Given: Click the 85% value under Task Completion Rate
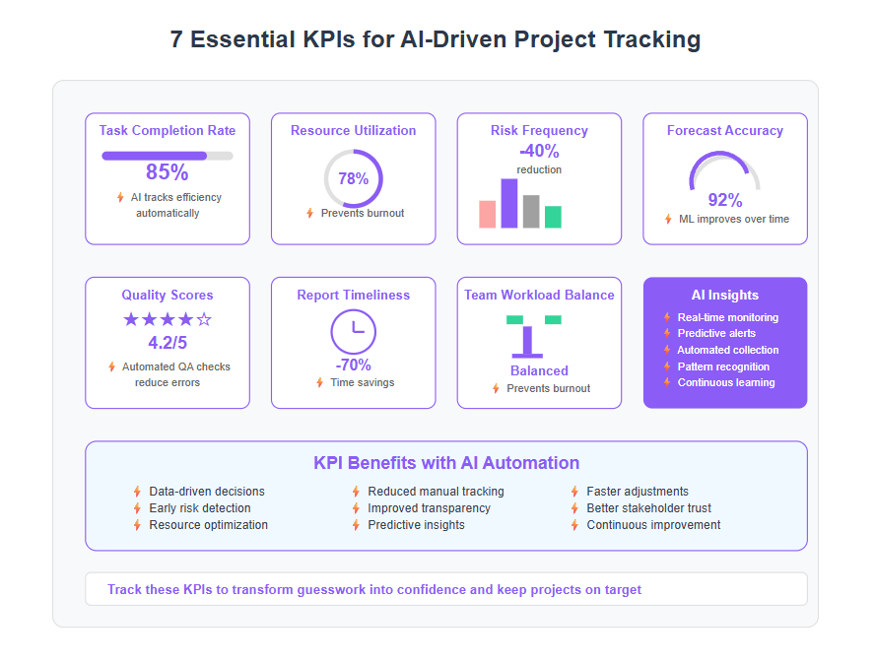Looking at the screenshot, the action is pos(167,171).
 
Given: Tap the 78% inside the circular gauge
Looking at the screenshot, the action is pos(353,178).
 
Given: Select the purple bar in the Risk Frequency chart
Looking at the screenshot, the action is pos(508,203).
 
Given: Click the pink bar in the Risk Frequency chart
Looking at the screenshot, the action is pos(487,214).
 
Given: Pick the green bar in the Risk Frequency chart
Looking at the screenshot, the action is pos(553,217).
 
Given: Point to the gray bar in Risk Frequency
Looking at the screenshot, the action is pos(531,212).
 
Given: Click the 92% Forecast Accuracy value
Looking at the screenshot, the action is pos(725,200).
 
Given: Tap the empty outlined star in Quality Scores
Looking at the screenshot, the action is pos(204,319).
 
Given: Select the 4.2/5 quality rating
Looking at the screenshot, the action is pos(168,343).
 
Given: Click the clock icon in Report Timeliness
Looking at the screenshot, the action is pos(353,332).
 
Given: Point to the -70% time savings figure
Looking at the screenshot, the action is pos(353,365).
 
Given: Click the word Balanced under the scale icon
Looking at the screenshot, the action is pos(539,370).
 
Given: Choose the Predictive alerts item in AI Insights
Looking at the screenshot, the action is pos(716,333).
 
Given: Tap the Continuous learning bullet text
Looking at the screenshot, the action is pos(726,382).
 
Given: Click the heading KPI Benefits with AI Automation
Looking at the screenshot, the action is pos(446,462).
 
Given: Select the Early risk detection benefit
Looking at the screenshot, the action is pos(200,508).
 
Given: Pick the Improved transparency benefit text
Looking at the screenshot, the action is pos(430,508).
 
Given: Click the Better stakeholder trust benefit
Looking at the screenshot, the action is pos(649,508).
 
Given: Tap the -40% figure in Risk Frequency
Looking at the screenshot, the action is pos(539,151).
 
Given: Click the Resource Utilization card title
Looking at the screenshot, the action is pos(353,131).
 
